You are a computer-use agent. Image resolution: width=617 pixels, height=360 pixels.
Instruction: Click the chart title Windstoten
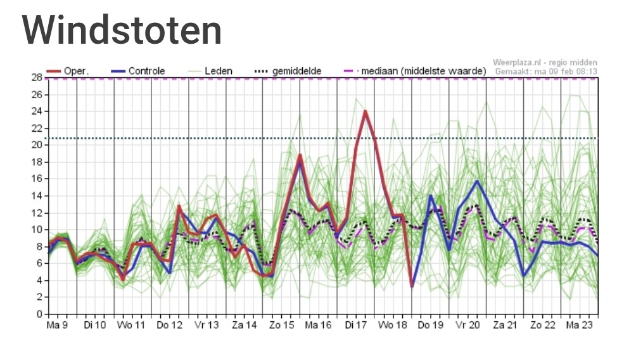122,29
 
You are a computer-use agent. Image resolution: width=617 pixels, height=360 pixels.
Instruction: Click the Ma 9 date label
56,325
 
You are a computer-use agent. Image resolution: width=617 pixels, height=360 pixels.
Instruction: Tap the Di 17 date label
357,325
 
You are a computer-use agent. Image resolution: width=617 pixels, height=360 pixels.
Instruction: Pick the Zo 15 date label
281,325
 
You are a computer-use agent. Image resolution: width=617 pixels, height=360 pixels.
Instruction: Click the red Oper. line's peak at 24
366,112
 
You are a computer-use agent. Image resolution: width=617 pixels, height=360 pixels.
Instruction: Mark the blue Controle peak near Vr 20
477,181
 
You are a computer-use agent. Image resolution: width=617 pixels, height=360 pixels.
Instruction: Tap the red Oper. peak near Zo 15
300,155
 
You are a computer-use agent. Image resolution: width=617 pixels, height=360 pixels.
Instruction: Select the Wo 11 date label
131,325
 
